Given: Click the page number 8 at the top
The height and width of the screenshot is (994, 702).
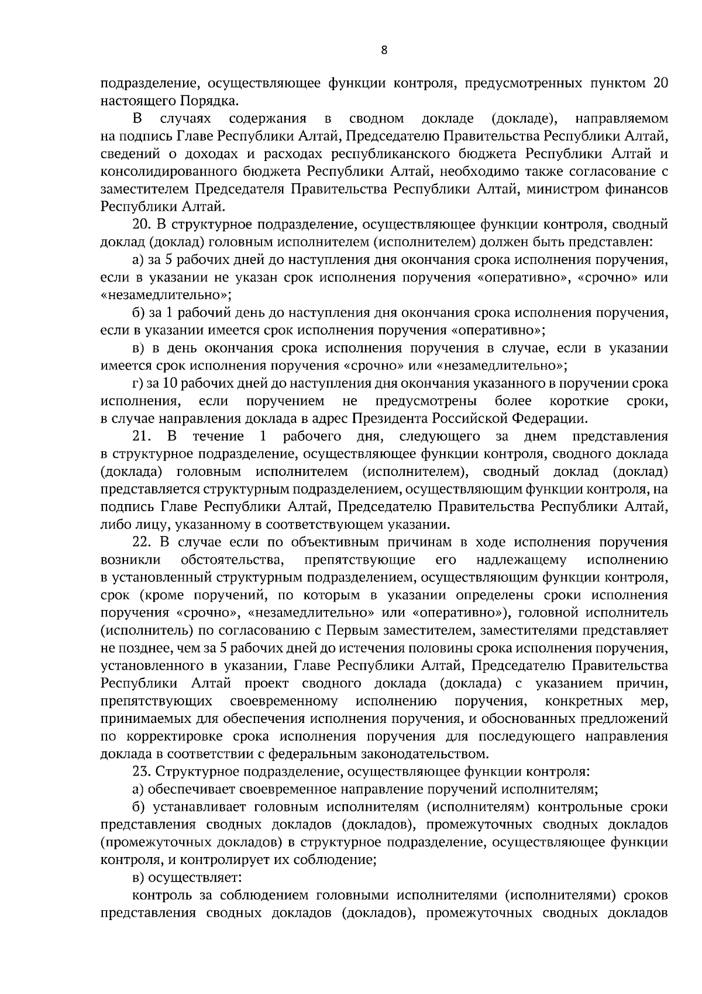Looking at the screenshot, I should [384, 50].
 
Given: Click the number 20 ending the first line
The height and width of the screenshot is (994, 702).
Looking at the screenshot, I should [659, 83].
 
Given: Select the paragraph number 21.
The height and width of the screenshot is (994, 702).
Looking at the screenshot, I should [142, 436].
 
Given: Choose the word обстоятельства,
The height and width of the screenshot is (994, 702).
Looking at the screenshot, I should [233, 560].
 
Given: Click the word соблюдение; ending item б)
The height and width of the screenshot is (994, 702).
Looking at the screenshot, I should [331, 861].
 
